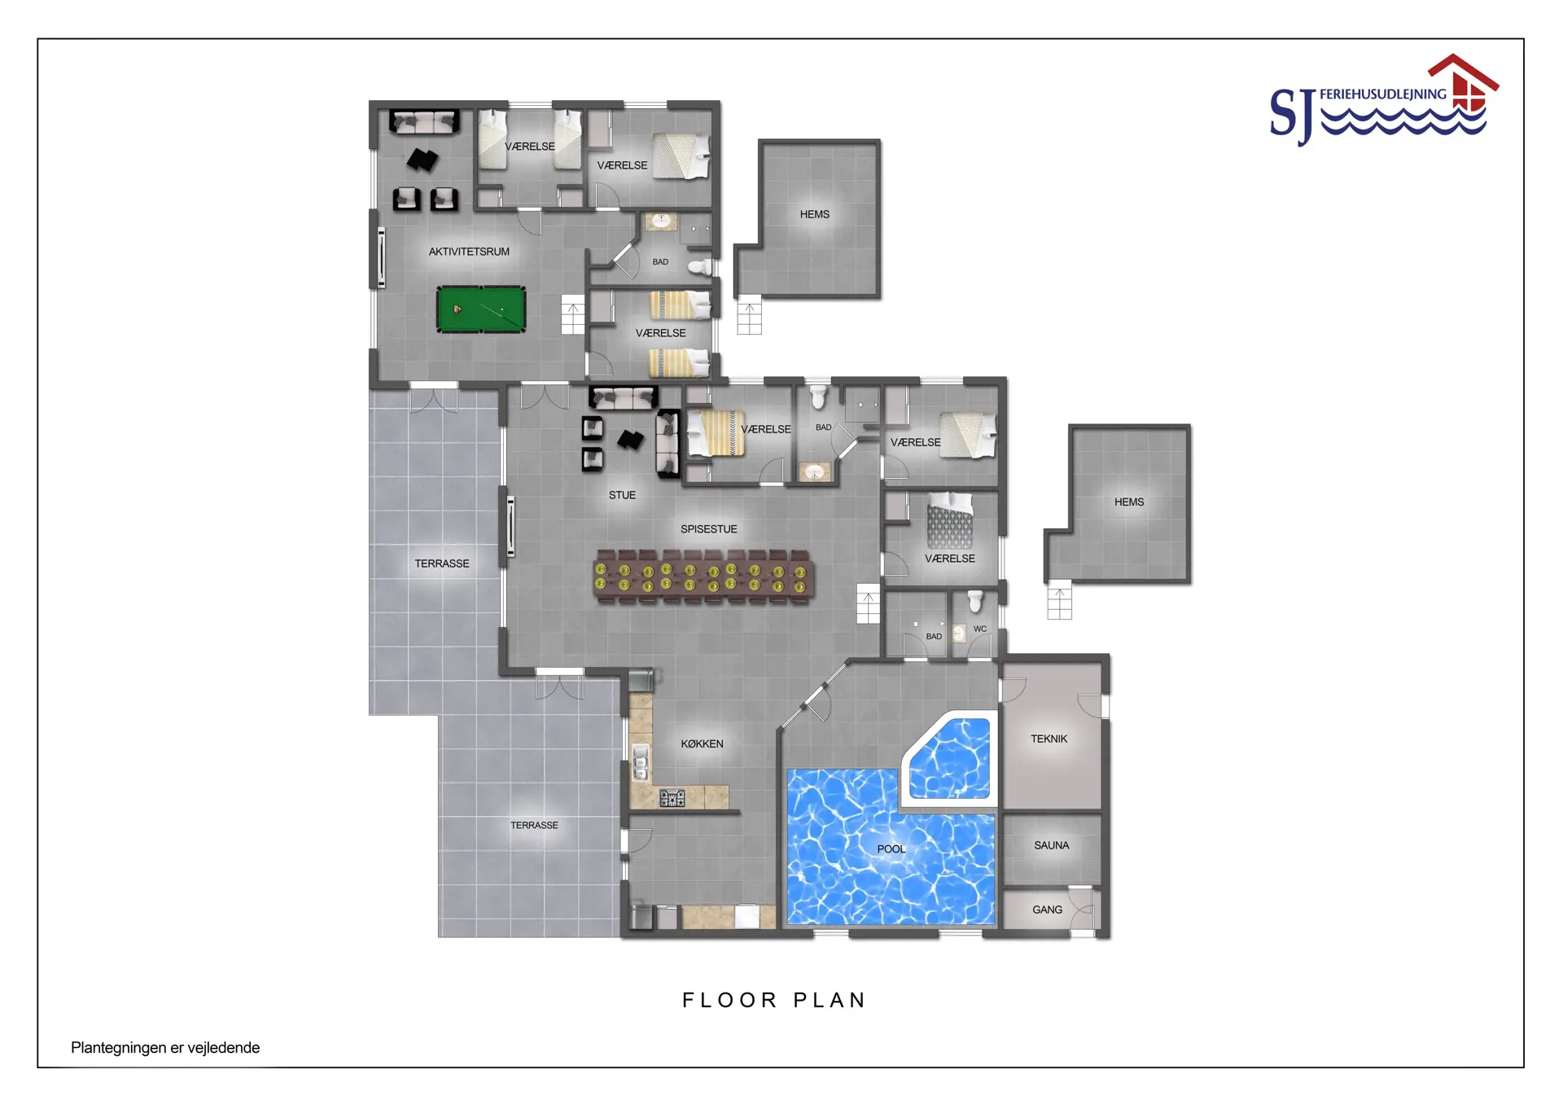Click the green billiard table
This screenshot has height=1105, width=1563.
coord(480,309)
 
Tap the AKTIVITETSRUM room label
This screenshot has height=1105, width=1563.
coord(469,252)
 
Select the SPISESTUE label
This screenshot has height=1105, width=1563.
coord(709,529)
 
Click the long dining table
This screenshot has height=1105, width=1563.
coord(703,577)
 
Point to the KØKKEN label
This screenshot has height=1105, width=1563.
coord(702,743)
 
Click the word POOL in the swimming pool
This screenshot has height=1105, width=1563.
coord(891,848)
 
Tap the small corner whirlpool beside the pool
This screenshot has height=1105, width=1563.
coord(951,758)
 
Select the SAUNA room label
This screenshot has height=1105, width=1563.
coord(1052,845)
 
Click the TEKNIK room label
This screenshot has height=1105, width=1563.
coord(1049,739)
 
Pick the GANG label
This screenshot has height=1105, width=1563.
coord(1047,910)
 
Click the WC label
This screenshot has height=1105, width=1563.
coord(980,629)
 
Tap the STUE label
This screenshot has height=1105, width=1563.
coord(622,495)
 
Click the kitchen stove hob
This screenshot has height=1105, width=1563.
coord(672,798)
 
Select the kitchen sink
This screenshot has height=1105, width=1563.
coord(641,762)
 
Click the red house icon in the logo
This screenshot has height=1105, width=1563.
coord(1464,82)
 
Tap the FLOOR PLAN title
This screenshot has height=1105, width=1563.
coord(774,1000)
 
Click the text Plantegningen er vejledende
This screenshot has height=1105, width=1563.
coord(165,1048)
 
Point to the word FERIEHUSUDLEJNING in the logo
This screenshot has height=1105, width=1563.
coord(1383,94)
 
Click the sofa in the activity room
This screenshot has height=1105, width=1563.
coord(423,122)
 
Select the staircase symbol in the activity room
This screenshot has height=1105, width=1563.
coord(573,314)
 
